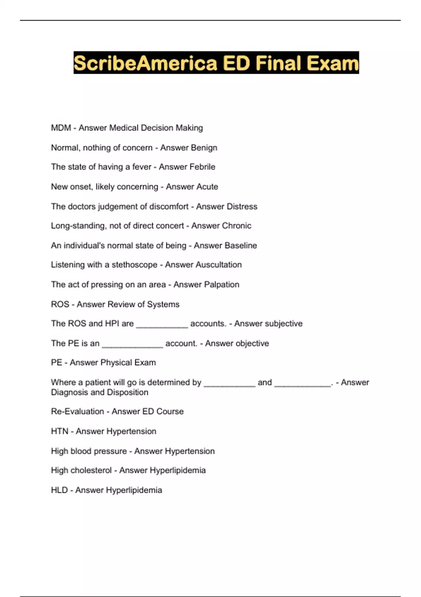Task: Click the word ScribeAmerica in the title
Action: tap(145, 63)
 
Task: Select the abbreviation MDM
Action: tap(61, 128)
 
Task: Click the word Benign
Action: tap(203, 147)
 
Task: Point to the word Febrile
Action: tap(202, 167)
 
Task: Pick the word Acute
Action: tap(206, 186)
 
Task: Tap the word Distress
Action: tap(242, 206)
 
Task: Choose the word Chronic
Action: tap(236, 226)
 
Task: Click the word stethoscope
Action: tap(134, 265)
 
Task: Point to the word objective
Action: tap(252, 343)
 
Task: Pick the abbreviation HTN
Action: tap(60, 431)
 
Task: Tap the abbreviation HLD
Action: tap(59, 490)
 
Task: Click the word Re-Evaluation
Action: tap(77, 412)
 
